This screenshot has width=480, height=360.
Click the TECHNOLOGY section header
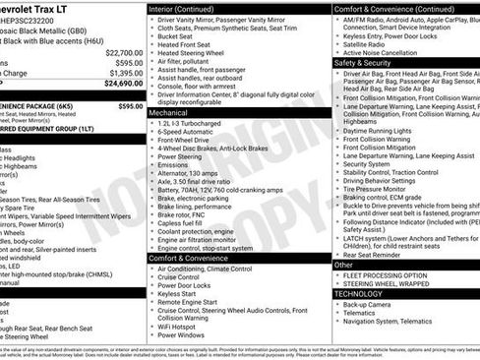coord(363,293)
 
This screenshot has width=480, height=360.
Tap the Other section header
coord(344,265)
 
